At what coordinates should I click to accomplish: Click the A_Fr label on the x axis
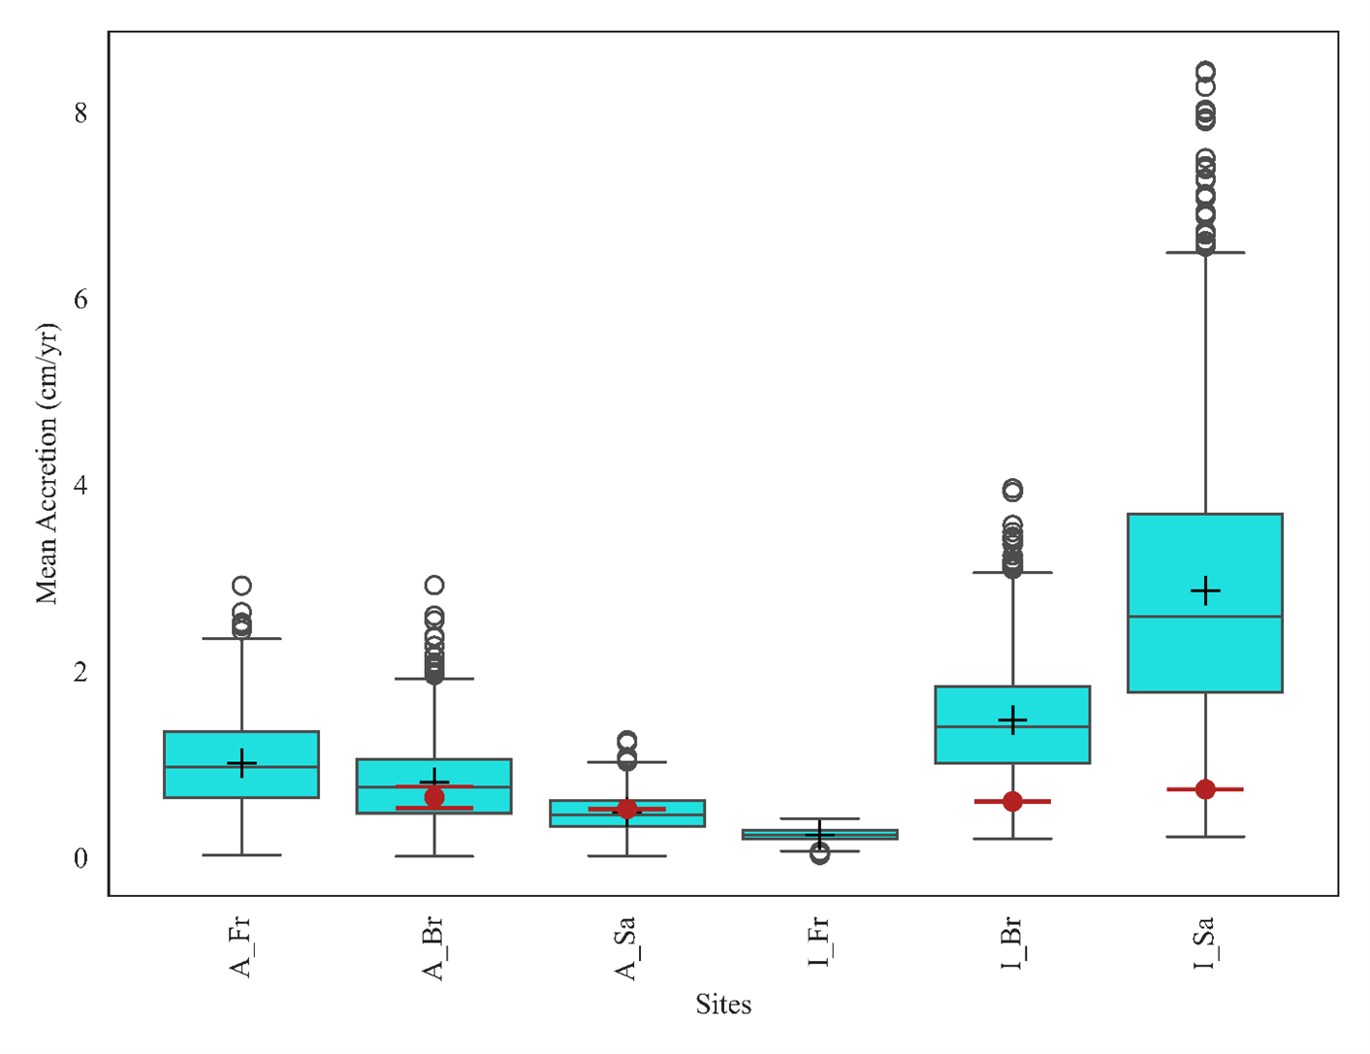[240, 946]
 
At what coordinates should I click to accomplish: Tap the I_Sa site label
[1204, 943]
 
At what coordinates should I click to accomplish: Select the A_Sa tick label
[626, 947]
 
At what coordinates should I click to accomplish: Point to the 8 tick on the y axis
[80, 113]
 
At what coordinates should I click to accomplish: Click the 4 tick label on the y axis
[80, 485]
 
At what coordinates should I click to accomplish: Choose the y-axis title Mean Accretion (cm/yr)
[48, 463]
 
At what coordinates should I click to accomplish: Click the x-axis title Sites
[723, 1005]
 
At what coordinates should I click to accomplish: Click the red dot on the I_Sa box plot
[1205, 789]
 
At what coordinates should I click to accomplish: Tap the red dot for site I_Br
[1012, 802]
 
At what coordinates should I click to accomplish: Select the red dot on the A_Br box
[434, 797]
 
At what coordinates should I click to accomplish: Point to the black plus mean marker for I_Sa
[1205, 591]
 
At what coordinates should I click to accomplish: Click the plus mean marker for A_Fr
[241, 763]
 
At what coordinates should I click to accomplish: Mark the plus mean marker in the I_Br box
[1012, 720]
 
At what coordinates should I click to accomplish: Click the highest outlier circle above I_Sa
[1205, 72]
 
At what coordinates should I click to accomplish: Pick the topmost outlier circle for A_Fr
[241, 586]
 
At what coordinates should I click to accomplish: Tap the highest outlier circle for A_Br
[434, 585]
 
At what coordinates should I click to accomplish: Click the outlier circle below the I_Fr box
[820, 854]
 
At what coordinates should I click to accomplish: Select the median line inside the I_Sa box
[1205, 617]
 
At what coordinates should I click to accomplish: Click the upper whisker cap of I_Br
[1012, 573]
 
